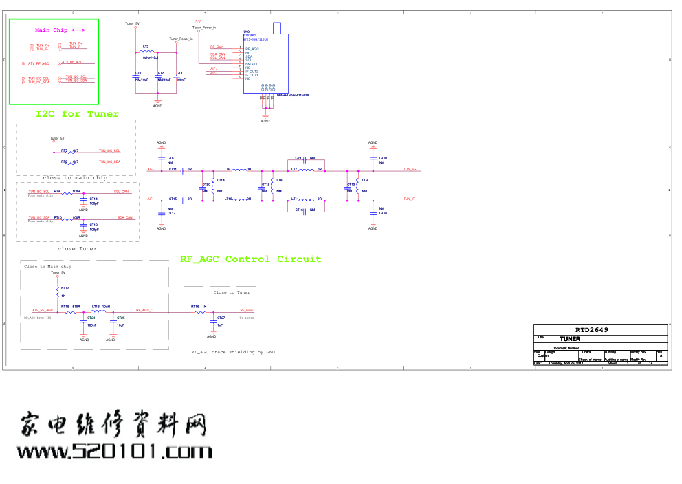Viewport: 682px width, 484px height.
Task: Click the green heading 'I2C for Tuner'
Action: [x=77, y=114]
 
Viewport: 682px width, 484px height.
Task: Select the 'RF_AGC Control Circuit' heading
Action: [x=250, y=259]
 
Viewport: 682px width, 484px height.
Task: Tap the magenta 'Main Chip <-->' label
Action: [x=60, y=30]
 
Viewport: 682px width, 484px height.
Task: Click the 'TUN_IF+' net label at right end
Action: [x=412, y=169]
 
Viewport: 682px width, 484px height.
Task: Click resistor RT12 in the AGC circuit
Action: [x=58, y=292]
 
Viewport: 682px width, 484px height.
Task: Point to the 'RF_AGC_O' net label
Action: [x=144, y=311]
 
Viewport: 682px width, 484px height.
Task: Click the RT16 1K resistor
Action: [x=201, y=311]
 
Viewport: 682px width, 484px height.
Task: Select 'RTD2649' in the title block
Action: [x=592, y=330]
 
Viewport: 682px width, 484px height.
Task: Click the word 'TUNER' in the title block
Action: [x=569, y=339]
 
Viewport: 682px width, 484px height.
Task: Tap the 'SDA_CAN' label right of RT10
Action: [x=124, y=217]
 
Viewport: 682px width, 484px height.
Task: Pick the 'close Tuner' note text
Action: [x=77, y=249]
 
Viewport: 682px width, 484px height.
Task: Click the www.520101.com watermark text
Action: [x=115, y=452]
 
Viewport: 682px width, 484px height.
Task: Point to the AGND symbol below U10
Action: [x=265, y=118]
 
